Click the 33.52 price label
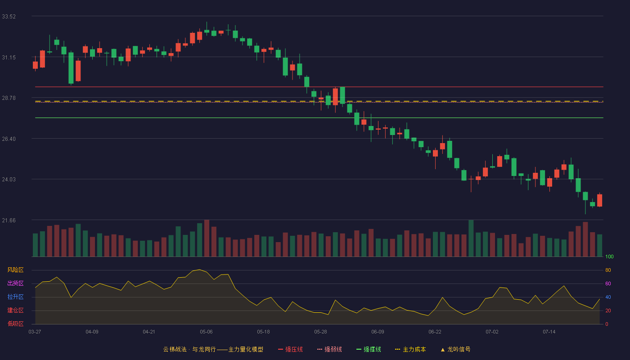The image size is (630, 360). pyautogui.click(x=9, y=17)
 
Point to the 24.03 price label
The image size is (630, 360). pyautogui.click(x=9, y=180)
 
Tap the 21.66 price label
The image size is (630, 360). pyautogui.click(x=9, y=220)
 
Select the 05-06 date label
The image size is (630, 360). pyautogui.click(x=206, y=332)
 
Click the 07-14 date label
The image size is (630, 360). pyautogui.click(x=549, y=332)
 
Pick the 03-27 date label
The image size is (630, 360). pyautogui.click(x=35, y=332)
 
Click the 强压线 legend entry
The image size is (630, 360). pyautogui.click(x=290, y=349)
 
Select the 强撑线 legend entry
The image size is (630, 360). pyautogui.click(x=369, y=349)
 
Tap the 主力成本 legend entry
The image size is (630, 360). pyautogui.click(x=410, y=349)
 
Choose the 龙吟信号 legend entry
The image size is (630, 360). pyautogui.click(x=455, y=349)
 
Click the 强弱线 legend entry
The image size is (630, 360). pyautogui.click(x=329, y=349)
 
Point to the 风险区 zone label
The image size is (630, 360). pyautogui.click(x=15, y=270)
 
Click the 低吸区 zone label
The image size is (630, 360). pyautogui.click(x=15, y=324)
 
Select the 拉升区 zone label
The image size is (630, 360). pyautogui.click(x=15, y=297)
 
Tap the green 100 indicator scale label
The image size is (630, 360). pyautogui.click(x=609, y=256)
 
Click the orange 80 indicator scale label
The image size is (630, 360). pyautogui.click(x=608, y=270)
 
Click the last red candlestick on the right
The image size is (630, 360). pyautogui.click(x=599, y=200)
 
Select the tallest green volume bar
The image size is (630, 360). pyautogui.click(x=471, y=238)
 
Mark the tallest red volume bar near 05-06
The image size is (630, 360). pyautogui.click(x=207, y=238)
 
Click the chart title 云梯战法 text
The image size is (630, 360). pyautogui.click(x=175, y=349)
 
